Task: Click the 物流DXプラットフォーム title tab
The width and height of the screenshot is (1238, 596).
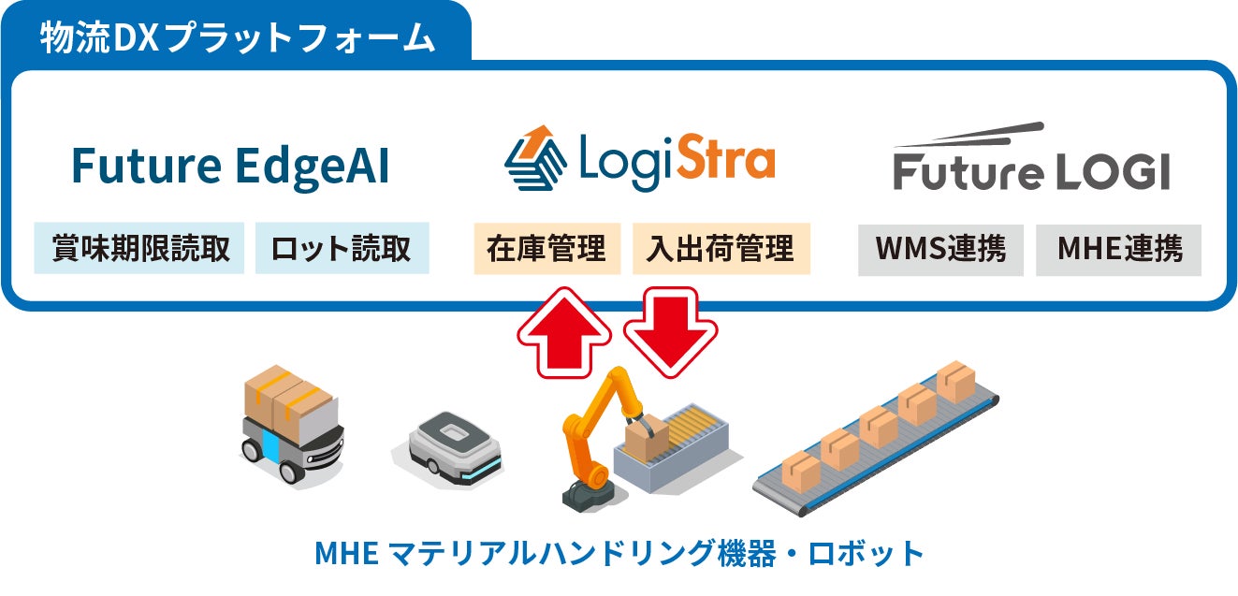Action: [x=237, y=38]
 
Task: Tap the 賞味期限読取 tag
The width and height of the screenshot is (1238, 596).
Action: [x=139, y=249]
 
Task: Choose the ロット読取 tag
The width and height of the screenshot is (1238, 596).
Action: [x=342, y=249]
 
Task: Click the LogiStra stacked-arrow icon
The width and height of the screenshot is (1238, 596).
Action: [x=534, y=158]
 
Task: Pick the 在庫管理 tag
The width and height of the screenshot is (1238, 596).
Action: [x=546, y=249]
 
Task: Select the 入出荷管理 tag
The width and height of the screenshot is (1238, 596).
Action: [x=721, y=249]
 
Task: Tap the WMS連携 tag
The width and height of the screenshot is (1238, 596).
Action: [x=940, y=249]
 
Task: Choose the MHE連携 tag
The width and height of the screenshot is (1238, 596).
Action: [x=1118, y=249]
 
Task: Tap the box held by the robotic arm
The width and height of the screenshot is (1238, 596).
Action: [x=647, y=436]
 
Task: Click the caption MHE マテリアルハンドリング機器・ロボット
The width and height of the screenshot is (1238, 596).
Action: [x=619, y=554]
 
